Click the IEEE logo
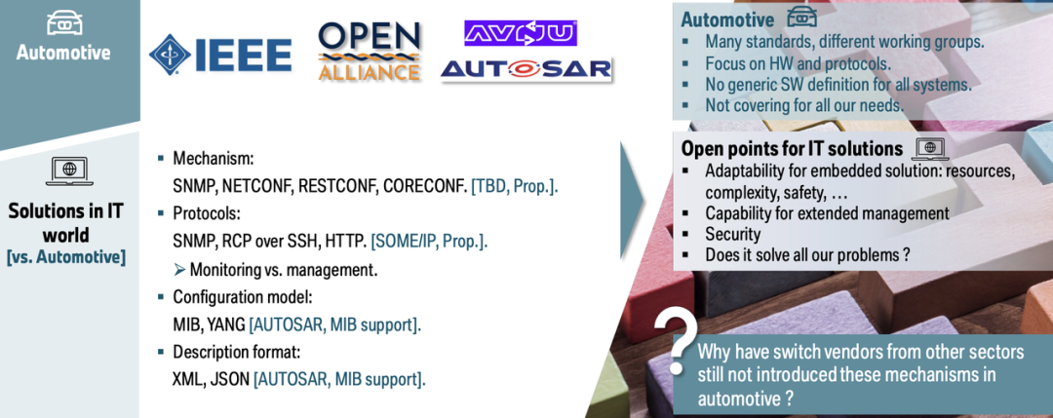pos(219,55)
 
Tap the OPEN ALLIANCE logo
pos(370,52)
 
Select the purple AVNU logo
pos(521,33)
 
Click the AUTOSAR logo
pos(526,69)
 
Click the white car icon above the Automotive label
pos(63,22)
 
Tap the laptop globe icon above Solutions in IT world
pos(69,171)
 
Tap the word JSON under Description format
pos(232,379)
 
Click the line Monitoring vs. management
pos(276,270)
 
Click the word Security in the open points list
pos(732,234)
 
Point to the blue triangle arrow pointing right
pos(631,200)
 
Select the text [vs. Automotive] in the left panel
pos(66,257)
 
